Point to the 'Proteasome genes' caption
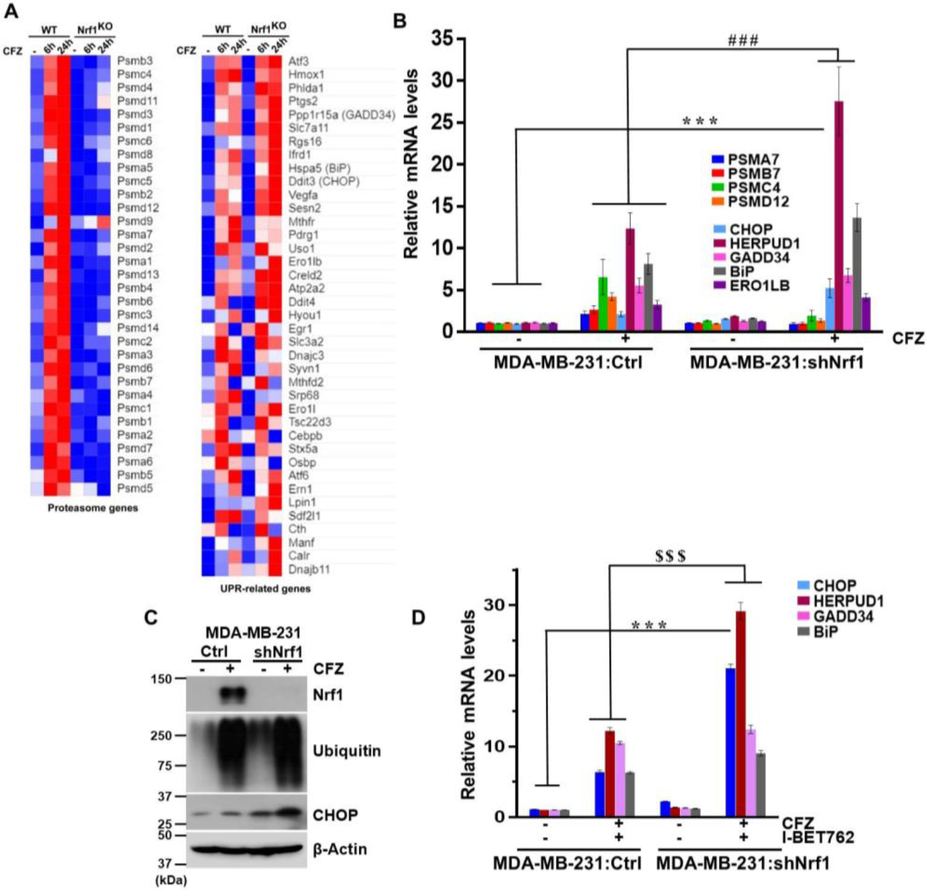point(93,508)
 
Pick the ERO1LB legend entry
point(759,285)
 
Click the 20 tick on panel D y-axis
point(496,676)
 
